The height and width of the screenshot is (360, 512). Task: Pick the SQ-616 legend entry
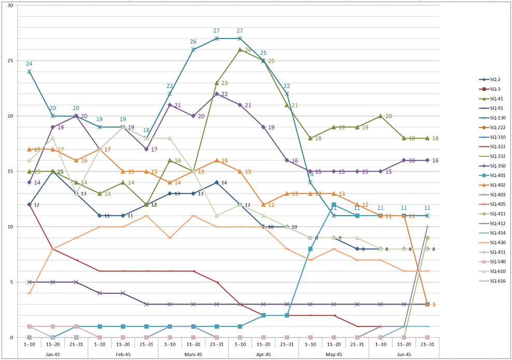click(x=493, y=281)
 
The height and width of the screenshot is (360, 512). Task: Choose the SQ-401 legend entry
click(x=493, y=175)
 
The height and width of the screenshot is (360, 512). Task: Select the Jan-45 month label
click(x=52, y=354)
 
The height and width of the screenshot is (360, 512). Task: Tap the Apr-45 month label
click(x=263, y=354)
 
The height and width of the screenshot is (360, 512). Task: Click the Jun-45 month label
click(x=404, y=354)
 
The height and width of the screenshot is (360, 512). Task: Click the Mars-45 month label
click(x=193, y=354)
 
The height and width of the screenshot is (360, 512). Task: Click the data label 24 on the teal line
click(x=30, y=64)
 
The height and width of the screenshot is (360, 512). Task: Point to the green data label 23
click(x=224, y=83)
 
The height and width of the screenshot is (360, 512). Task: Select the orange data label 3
click(x=433, y=305)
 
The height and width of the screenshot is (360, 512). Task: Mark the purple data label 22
click(x=224, y=94)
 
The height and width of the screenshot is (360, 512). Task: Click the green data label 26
click(x=248, y=50)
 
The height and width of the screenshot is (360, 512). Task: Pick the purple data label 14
click(x=37, y=183)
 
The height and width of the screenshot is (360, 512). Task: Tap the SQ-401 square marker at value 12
click(x=334, y=205)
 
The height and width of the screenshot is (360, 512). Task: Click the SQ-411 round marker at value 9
click(x=428, y=238)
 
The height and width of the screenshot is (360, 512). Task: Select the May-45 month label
click(x=334, y=354)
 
